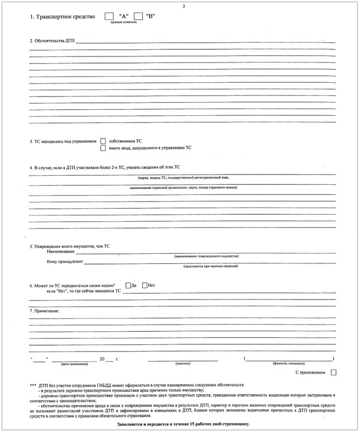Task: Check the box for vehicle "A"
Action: click(109, 16)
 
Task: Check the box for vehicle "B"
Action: click(139, 16)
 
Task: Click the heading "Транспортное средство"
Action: click(62, 17)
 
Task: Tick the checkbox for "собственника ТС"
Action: click(103, 141)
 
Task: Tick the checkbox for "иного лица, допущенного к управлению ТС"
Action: click(103, 148)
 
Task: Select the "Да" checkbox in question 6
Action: click(128, 285)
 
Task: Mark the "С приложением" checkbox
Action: click(334, 373)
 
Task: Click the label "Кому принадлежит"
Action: click(65, 263)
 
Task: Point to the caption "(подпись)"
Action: click(182, 364)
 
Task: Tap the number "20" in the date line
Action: click(103, 359)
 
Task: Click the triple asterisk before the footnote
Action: click(32, 385)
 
